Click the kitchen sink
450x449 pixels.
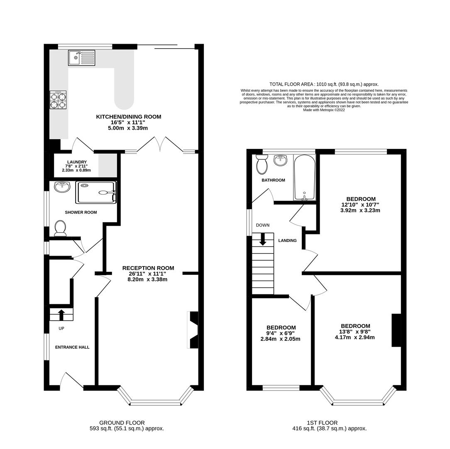click(82, 57)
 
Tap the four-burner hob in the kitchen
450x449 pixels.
click(58, 100)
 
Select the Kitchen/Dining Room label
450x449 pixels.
click(129, 117)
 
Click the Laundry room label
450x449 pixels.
click(77, 162)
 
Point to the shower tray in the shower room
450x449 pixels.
click(96, 192)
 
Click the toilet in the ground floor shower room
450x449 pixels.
click(60, 228)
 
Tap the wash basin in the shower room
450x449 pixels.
click(62, 187)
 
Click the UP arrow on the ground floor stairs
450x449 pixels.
click(61, 315)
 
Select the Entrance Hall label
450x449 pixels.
click(72, 347)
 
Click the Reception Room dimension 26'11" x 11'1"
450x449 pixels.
click(147, 274)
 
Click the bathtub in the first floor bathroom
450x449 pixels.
click(304, 178)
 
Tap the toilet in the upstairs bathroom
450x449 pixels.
click(262, 164)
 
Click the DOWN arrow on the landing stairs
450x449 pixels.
click(263, 239)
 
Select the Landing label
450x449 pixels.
click(287, 241)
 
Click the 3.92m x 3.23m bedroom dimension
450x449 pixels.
click(360, 210)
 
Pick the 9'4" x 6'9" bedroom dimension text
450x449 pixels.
click(281, 333)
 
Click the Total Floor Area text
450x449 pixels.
click(324, 84)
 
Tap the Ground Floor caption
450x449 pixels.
click(122, 423)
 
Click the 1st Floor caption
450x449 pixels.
click(322, 423)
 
